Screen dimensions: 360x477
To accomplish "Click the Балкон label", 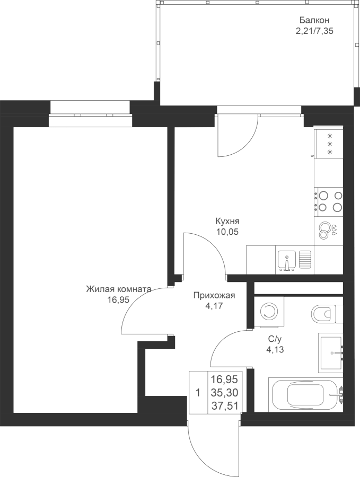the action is tap(314, 20).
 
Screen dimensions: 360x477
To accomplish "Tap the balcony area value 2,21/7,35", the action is tap(314, 31).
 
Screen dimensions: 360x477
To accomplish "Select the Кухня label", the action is tap(227, 221).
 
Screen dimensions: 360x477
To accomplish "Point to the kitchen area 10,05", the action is tap(227, 232).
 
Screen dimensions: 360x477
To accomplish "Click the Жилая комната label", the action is tap(119, 289).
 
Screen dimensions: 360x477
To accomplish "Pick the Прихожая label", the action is tap(214, 295).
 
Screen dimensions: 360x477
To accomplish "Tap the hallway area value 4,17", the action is tap(214, 306).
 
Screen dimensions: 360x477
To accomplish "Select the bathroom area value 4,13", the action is tap(275, 350).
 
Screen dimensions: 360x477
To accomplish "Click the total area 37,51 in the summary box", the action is tap(224, 406).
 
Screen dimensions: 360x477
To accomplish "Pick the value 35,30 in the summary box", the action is tap(224, 393).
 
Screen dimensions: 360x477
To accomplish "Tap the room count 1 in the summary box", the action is tap(198, 393).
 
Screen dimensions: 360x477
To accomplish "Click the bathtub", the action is tap(305, 395).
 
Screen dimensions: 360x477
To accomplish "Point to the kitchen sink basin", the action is tap(286, 260).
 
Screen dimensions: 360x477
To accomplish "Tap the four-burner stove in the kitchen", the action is tap(328, 202).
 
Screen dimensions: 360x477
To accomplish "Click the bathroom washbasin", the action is tap(330, 353).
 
